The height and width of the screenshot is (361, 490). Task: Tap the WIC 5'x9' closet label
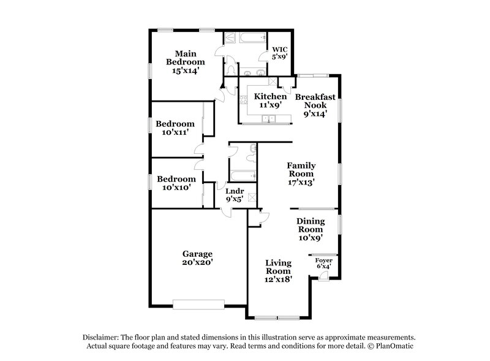coord(280,53)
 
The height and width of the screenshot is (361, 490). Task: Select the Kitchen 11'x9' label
coord(270,101)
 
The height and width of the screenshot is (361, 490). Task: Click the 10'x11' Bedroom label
coord(175,127)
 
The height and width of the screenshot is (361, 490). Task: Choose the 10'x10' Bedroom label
coord(175,183)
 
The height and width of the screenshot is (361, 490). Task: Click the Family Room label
coord(301,173)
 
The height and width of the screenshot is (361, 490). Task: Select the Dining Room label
coord(311,229)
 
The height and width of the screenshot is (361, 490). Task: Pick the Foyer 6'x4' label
coord(323,263)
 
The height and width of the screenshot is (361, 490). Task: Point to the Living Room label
coord(278,270)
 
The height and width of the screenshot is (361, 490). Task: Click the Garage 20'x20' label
coord(197,257)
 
